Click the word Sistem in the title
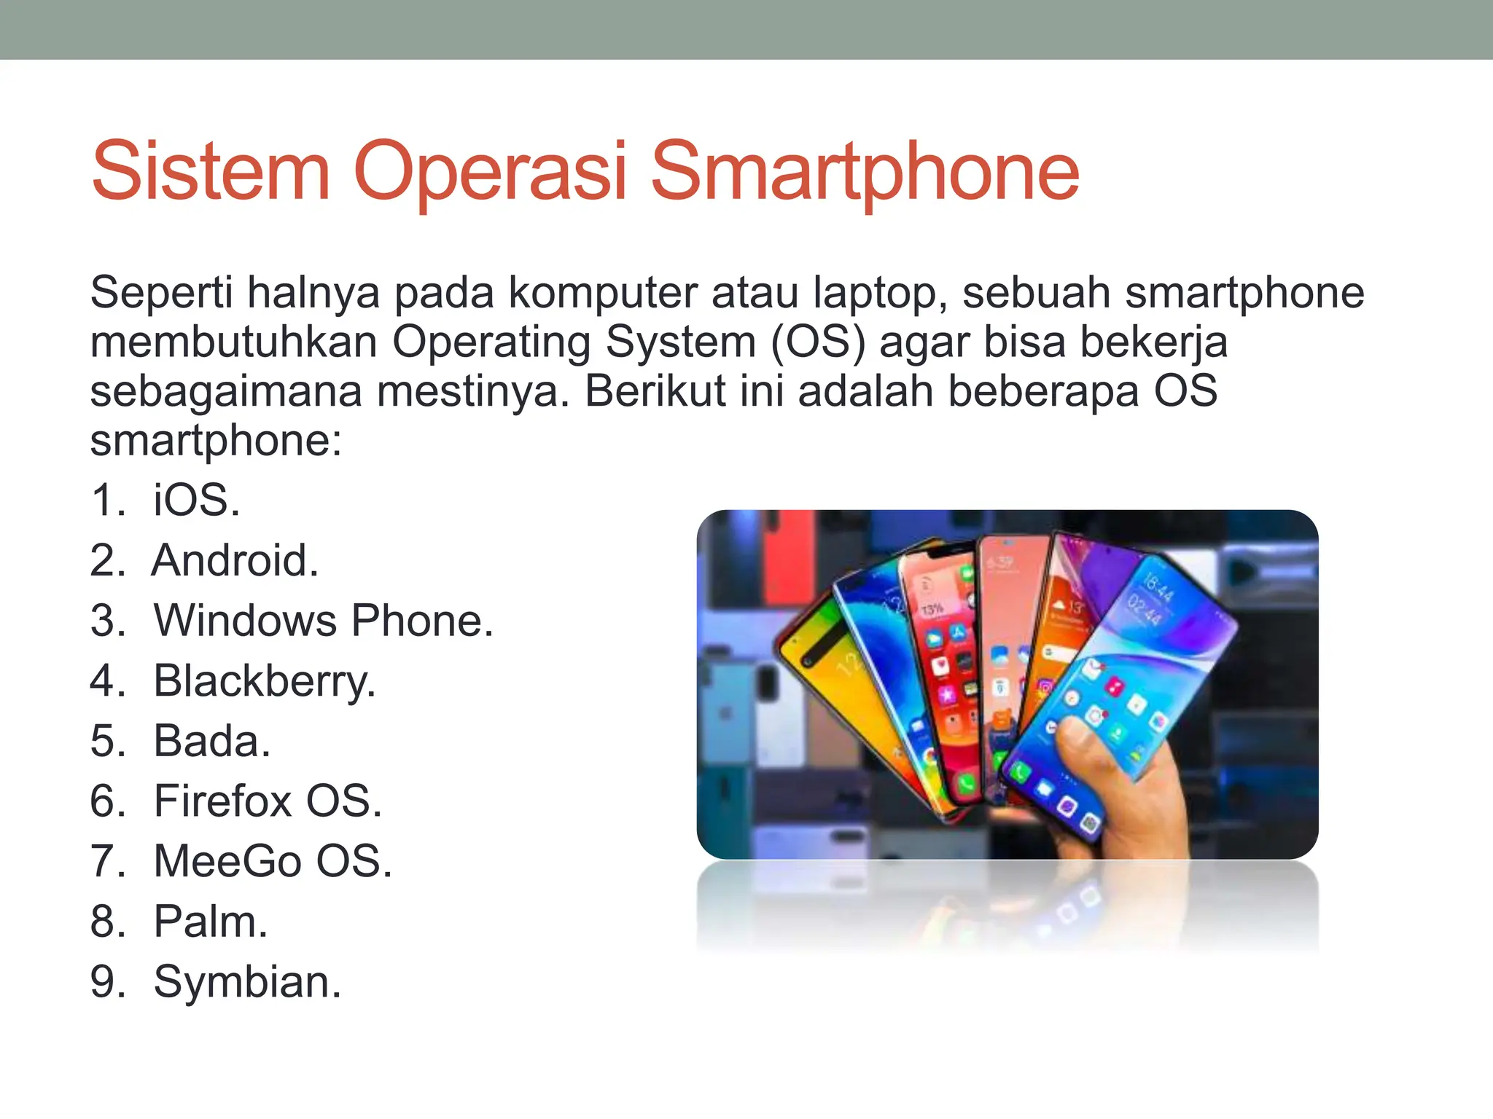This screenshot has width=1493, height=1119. point(211,172)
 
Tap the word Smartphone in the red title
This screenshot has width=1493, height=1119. point(864,172)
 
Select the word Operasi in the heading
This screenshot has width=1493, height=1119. point(490,172)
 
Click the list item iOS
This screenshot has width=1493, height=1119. point(195,500)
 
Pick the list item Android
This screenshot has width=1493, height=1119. point(235,560)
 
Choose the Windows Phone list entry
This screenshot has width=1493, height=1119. point(323,621)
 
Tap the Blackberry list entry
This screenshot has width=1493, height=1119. point(264,681)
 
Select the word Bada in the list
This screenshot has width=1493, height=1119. point(211,741)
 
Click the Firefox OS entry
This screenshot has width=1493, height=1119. point(267,801)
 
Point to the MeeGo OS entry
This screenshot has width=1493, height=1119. point(273,861)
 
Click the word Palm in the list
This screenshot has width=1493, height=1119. point(210,922)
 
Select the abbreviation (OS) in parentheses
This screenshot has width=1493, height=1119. point(817,342)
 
